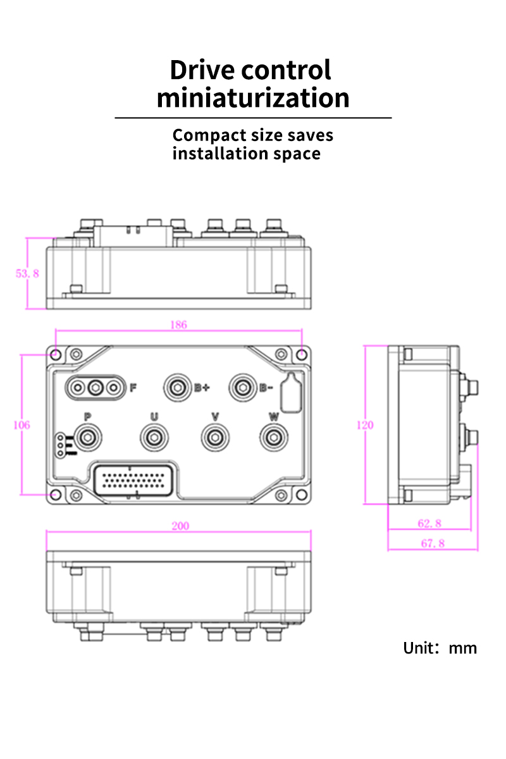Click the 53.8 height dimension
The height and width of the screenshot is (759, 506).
tap(27, 273)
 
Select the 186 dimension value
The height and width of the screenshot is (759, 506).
tap(178, 324)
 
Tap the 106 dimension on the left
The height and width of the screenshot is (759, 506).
tap(22, 425)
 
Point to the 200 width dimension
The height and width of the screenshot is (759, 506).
tap(180, 526)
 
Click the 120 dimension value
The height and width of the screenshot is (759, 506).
tap(365, 425)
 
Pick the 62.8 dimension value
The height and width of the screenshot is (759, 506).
tap(429, 524)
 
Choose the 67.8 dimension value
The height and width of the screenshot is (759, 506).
tap(433, 543)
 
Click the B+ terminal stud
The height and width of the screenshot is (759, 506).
tap(177, 388)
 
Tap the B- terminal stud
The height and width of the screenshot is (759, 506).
tap(243, 388)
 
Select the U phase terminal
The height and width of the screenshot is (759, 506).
tap(154, 438)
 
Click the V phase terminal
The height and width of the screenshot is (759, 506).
tap(215, 438)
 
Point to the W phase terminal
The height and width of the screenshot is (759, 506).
tap(274, 438)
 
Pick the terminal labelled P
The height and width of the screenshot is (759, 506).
tap(88, 438)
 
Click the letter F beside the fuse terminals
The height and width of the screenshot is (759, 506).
tap(133, 387)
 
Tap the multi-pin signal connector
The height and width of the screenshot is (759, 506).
tap(133, 481)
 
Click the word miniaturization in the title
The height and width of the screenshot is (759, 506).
tap(253, 97)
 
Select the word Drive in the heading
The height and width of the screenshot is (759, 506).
tap(202, 70)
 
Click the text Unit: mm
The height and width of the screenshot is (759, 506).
tap(440, 648)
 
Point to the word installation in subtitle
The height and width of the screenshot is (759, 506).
tap(220, 154)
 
